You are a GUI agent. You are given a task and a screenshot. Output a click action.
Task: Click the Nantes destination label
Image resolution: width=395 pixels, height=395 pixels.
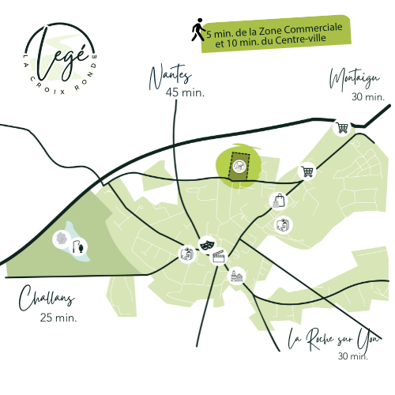click(171, 75)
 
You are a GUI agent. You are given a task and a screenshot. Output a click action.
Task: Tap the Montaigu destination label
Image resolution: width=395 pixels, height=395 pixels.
click(356, 80)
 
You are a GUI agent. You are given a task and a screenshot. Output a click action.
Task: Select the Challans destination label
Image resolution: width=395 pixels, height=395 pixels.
click(45, 300)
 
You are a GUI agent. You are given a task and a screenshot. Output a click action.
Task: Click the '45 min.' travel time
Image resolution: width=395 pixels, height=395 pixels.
click(185, 92)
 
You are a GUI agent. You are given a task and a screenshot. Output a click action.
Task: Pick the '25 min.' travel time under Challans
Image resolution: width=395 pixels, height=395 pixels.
click(57, 318)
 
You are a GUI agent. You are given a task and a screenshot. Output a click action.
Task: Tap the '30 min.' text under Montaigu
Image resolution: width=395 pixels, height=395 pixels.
click(367, 96)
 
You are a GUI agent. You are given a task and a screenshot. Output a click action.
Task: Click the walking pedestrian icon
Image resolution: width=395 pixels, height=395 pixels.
click(197, 31)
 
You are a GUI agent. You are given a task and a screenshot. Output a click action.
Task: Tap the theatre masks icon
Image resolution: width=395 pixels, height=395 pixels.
click(208, 246)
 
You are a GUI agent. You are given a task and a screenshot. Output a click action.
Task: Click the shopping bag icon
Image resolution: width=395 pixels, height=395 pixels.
click(278, 200)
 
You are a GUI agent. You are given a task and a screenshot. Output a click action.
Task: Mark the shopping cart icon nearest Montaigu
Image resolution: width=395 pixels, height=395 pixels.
click(342, 126)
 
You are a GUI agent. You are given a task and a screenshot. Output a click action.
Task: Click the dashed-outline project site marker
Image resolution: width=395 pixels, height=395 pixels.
click(237, 166)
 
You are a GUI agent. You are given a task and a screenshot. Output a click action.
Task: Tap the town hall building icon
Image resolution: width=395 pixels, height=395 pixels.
click(236, 276)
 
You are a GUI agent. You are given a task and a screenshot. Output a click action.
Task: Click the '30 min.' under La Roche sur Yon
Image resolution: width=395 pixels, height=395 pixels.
click(353, 356)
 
